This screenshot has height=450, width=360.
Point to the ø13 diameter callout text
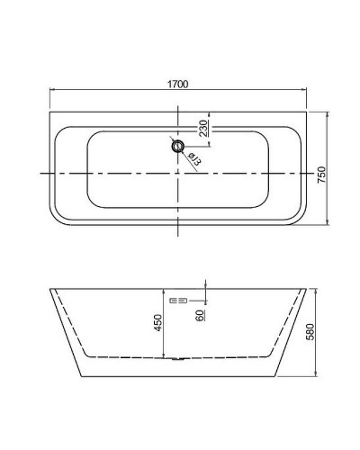[193, 157]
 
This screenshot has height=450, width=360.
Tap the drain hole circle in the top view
[177, 145]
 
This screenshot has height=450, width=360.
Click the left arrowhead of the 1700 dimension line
[51, 90]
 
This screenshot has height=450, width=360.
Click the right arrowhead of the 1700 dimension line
[308, 90]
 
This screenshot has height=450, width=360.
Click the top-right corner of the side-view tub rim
[308, 290]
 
